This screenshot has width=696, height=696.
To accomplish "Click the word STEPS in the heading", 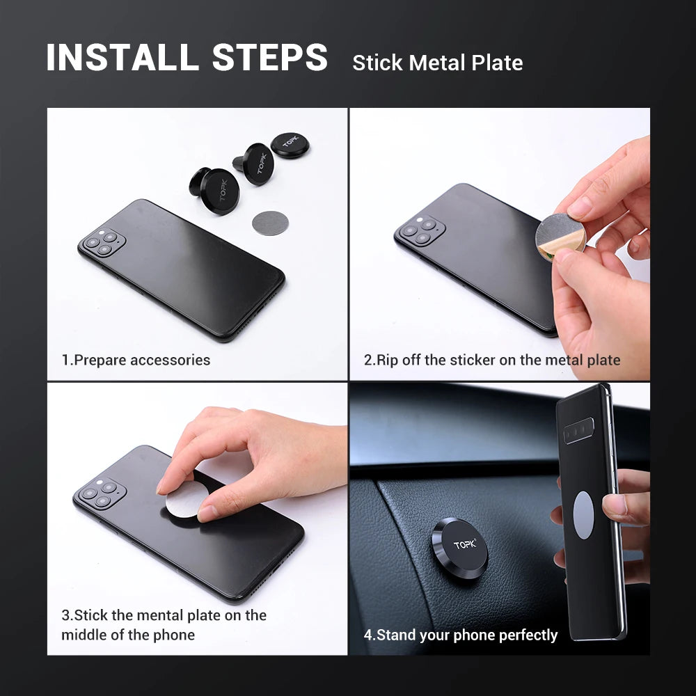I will point(270,58).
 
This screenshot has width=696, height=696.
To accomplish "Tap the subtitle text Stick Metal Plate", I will point(437,63).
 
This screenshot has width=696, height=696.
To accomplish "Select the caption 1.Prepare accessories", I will point(136,360).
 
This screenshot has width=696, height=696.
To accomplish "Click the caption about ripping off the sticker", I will point(491,360).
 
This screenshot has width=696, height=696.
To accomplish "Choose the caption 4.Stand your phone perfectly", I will point(460,635).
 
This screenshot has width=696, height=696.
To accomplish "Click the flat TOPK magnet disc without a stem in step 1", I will point(290,145).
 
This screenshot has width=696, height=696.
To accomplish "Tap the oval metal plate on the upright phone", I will point(583,515).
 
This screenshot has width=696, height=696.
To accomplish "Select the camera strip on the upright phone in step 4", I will point(578,431).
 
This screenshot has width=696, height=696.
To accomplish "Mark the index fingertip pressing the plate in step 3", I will point(209,513).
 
